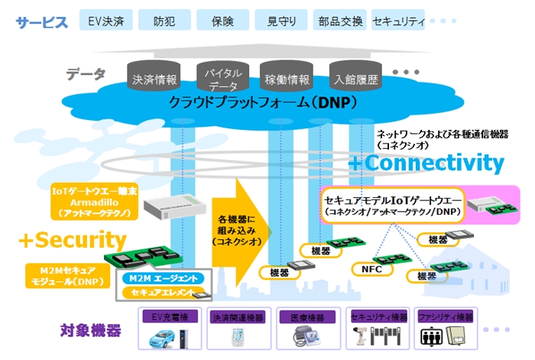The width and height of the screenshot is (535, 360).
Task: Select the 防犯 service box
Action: point(162,20)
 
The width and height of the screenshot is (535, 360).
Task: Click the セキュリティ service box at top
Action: point(398,20)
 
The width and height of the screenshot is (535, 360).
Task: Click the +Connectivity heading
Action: point(426,163)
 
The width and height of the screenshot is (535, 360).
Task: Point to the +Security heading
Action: point(72,239)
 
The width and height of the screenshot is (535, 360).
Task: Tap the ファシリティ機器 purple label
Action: point(446,316)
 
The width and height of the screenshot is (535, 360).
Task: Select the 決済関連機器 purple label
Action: point(238,316)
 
